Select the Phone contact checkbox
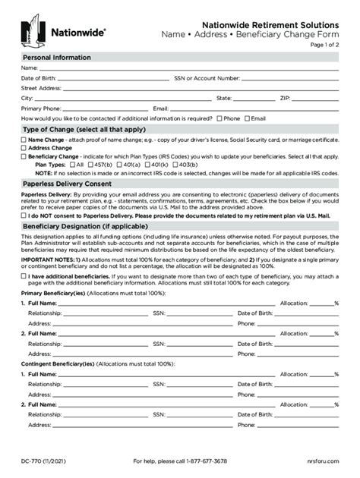(219, 118)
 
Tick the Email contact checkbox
(247, 118)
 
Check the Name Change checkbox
(24, 140)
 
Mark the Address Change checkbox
(24, 148)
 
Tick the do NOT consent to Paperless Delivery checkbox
(24, 215)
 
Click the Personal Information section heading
(57, 58)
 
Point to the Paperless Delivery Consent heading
(67, 184)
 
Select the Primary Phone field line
(99, 109)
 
